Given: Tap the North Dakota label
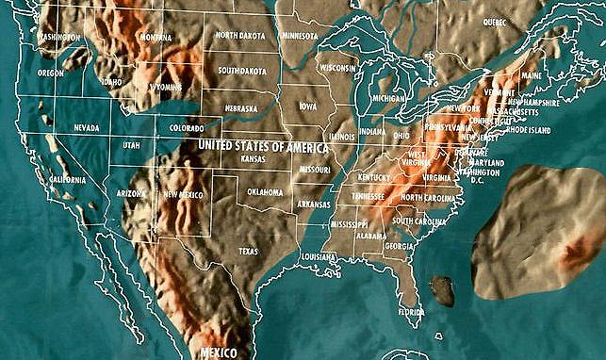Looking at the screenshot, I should click(x=239, y=35).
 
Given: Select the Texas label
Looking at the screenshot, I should click(x=248, y=251).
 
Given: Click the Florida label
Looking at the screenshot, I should click(x=410, y=311).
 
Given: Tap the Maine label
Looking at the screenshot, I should click(x=531, y=75).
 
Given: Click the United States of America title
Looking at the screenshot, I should click(x=263, y=147).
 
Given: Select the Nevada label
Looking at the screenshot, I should click(x=86, y=128).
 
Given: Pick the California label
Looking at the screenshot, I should click(x=67, y=179).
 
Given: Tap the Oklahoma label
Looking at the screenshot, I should click(x=264, y=191).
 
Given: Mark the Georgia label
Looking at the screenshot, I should click(x=400, y=246).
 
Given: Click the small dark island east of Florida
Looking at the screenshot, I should click(x=441, y=291).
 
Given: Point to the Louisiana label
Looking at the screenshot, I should click(x=319, y=256).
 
